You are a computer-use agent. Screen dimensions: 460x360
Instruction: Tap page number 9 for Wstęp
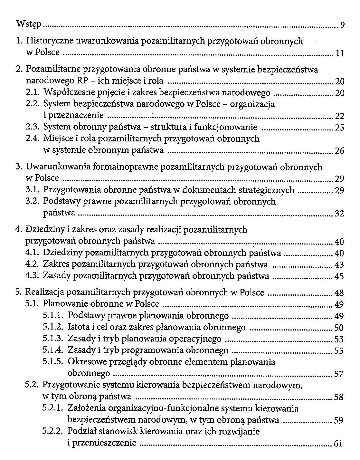pyautogui.click(x=342, y=25)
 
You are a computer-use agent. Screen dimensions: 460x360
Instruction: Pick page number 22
pyautogui.click(x=339, y=116)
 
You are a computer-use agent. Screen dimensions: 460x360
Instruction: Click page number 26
pyautogui.click(x=339, y=151)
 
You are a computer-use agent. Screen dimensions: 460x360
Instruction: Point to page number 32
pyautogui.click(x=339, y=213)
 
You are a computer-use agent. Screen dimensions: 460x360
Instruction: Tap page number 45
pyautogui.click(x=339, y=276)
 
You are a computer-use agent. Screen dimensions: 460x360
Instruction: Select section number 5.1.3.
pyautogui.click(x=52, y=339)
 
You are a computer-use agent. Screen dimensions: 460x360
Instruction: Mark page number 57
pyautogui.click(x=339, y=374)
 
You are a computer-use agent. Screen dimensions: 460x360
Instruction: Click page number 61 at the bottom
pyautogui.click(x=338, y=444)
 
